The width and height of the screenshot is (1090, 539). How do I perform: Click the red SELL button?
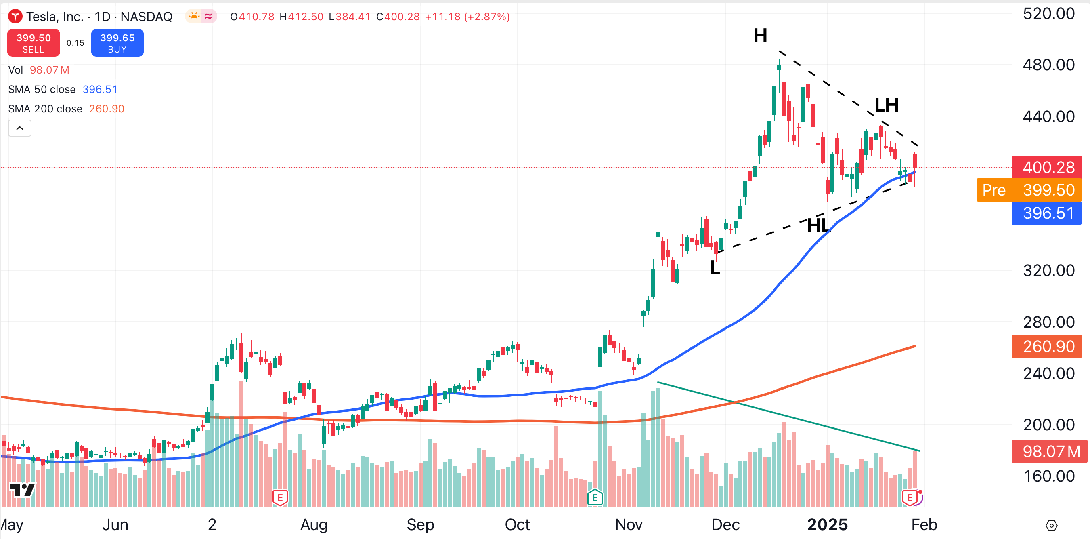point(34,43)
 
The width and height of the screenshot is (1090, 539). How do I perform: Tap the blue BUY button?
point(117,43)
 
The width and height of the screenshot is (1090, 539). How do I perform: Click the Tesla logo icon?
point(15,17)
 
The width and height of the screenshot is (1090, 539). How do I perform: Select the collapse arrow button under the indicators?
point(19,128)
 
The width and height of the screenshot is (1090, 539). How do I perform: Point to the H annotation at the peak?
point(760,36)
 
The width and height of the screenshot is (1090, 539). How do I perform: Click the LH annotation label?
point(886,105)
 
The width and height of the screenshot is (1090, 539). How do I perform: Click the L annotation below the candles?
point(715,267)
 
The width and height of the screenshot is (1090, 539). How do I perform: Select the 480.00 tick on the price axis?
point(1048,65)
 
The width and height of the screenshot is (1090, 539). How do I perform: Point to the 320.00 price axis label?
point(1048,270)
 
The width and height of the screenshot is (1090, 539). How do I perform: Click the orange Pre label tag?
point(994,190)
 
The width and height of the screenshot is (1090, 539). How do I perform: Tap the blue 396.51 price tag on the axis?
point(1047,213)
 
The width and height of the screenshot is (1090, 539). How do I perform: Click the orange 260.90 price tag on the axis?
point(1047,346)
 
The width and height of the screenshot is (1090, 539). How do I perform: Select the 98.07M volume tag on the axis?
point(1047,451)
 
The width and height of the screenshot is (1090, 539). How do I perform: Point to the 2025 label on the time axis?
point(827,524)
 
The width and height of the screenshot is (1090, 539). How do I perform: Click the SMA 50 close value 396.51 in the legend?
point(100,89)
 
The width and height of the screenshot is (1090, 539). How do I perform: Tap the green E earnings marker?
point(595,497)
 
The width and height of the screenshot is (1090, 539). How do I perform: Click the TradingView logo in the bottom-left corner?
point(22,490)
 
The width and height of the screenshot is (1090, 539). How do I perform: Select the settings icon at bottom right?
point(1051,525)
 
